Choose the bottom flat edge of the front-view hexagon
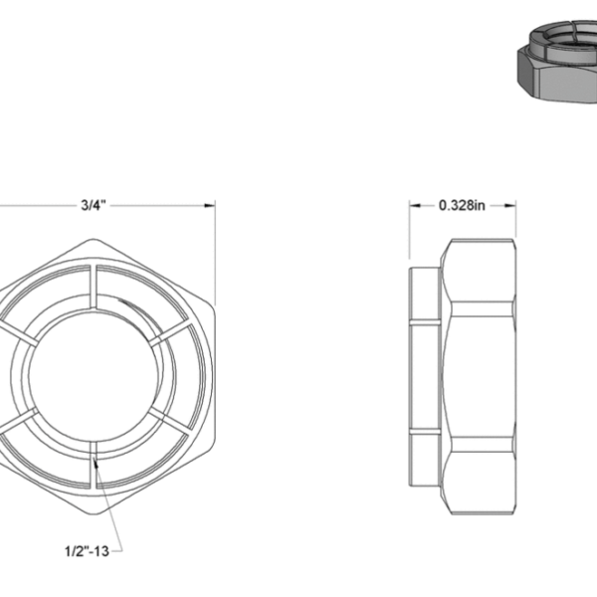(x=94, y=515)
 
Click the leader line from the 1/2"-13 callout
(x=103, y=502)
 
